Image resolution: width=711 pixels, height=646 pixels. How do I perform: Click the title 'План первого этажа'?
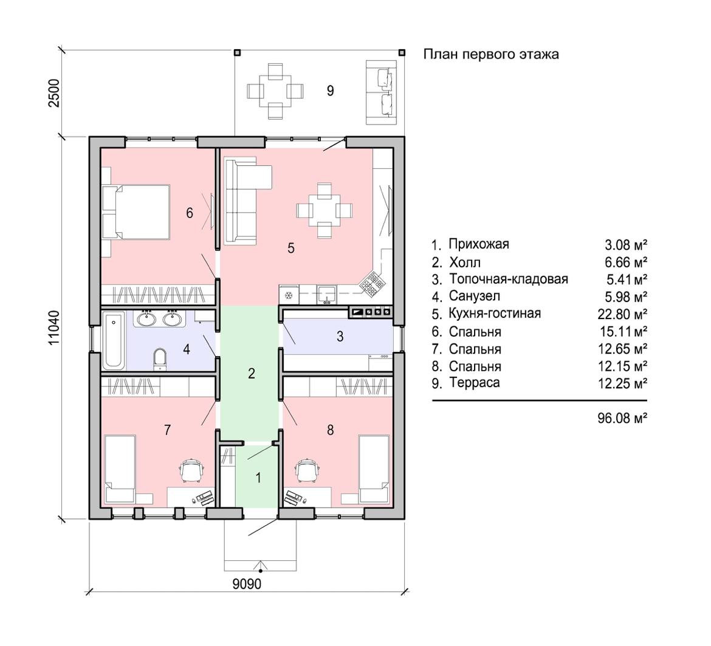[490, 55]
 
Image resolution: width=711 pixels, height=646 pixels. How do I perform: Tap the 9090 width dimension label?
[247, 584]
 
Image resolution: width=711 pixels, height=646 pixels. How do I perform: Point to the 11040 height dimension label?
[54, 328]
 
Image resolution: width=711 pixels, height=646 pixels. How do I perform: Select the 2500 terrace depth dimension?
[54, 93]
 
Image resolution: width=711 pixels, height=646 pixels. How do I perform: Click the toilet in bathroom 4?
[160, 359]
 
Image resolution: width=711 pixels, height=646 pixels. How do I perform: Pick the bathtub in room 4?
[113, 340]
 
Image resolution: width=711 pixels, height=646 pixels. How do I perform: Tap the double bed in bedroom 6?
[136, 211]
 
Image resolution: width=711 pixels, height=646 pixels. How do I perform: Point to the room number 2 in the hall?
[252, 374]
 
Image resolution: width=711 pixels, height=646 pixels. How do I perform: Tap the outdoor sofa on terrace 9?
[382, 92]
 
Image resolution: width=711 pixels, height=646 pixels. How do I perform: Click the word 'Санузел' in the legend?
[474, 297]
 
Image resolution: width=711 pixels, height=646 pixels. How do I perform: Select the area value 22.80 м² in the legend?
[622, 314]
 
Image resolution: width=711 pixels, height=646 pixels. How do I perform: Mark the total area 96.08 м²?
[622, 418]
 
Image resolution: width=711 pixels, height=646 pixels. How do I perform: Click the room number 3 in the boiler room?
[340, 337]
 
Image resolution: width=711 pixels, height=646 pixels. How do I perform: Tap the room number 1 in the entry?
[258, 478]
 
